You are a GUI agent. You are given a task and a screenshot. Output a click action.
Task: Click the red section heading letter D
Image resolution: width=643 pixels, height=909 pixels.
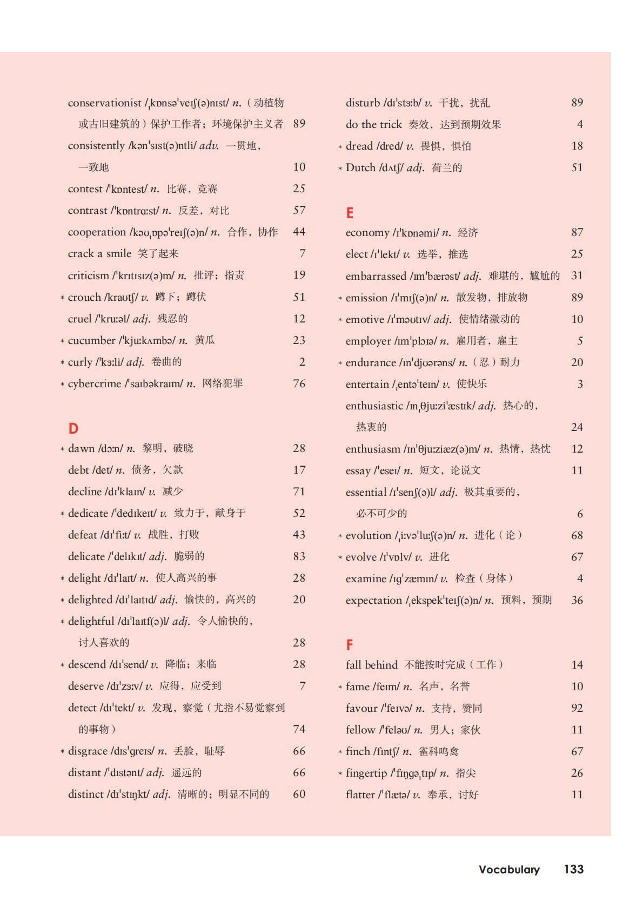click(x=73, y=428)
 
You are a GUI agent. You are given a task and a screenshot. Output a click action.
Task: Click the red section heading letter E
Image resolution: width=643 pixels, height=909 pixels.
click(x=350, y=213)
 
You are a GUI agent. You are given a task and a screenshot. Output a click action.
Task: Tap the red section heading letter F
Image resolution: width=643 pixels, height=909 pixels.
click(x=350, y=645)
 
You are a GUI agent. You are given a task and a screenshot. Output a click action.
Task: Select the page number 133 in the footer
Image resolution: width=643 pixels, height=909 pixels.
click(x=573, y=869)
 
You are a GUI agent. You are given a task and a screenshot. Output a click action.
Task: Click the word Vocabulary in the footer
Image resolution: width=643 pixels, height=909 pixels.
click(x=509, y=870)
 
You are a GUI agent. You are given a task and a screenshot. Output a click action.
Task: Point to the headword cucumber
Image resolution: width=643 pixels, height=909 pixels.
click(x=91, y=340)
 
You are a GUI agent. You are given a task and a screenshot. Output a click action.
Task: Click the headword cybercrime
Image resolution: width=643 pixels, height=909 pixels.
click(x=94, y=383)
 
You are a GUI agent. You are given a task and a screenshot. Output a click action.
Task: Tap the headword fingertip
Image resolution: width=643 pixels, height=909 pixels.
click(x=366, y=773)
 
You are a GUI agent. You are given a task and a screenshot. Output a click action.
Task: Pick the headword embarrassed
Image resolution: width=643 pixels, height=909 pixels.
click(x=376, y=276)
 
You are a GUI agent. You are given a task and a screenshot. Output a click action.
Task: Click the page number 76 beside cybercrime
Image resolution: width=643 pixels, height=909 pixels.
click(x=299, y=383)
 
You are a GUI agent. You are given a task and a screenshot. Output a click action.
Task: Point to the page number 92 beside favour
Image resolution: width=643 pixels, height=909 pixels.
click(x=577, y=708)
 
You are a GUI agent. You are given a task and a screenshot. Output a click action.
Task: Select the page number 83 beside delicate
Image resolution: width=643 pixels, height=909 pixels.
click(x=299, y=556)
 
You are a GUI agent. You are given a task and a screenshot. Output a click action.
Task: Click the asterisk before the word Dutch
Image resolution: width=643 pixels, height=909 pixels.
click(x=340, y=169)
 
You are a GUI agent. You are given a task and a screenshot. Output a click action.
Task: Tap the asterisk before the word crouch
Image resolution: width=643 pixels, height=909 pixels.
click(x=62, y=298)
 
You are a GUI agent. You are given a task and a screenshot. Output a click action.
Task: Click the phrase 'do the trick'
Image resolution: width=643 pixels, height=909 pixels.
click(x=373, y=124)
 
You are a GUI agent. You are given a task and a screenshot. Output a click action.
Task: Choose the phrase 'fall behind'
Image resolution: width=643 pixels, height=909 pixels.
click(x=371, y=665)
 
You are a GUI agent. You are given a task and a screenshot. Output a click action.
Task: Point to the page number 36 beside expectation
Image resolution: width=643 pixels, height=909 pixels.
click(x=577, y=600)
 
